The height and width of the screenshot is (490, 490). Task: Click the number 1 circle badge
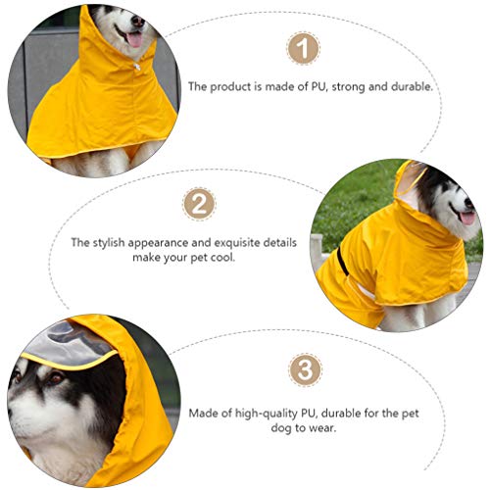point(304,48)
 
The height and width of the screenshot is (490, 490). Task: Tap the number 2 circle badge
point(199,205)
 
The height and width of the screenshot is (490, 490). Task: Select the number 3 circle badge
point(305,370)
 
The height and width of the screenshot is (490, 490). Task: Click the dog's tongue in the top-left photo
point(134,39)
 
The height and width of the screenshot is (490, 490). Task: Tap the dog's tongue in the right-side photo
point(467,218)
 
